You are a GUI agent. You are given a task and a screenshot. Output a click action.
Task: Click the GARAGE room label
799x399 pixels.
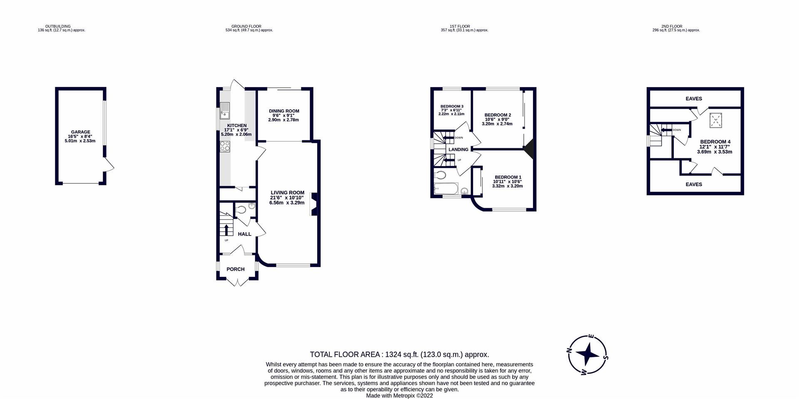tap(80, 132)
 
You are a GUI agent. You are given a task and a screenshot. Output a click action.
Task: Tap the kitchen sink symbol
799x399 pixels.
tap(225, 111)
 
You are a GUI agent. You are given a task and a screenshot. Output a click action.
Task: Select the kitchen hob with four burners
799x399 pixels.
tap(225, 146)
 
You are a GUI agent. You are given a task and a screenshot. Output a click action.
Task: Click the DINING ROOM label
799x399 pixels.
tap(284, 111)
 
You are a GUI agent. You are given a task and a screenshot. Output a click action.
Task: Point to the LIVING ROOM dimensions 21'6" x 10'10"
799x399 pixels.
tap(287, 198)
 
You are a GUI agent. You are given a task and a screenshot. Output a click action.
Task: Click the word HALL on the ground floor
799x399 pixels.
tap(244, 234)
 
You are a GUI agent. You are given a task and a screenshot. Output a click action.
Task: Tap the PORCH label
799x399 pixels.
tap(235, 269)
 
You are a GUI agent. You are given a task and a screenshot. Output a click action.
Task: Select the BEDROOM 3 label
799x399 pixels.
tap(452, 106)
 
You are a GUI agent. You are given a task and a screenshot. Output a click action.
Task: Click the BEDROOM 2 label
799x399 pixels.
tap(497, 115)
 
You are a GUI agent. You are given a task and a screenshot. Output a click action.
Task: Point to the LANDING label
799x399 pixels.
tap(458, 150)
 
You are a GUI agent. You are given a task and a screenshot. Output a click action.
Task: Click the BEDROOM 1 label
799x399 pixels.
tap(508, 177)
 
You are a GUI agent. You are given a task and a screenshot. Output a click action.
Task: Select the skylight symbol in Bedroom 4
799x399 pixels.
tap(715, 121)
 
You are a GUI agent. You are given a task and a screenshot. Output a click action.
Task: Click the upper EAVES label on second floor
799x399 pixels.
tap(693, 99)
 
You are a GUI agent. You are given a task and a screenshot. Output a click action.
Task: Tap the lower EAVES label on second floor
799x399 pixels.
tap(693, 185)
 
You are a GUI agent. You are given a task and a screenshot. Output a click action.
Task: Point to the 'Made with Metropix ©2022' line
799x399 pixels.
tap(399, 396)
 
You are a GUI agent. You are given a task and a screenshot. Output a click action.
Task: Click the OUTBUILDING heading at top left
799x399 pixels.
tap(58, 26)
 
